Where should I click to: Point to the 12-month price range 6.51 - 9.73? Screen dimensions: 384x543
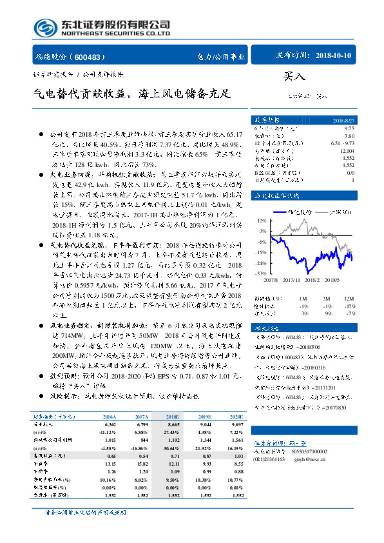click(x=340, y=141)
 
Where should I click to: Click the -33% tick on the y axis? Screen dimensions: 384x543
click(x=261, y=273)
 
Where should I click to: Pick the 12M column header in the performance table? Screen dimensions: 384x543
click(x=348, y=299)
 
